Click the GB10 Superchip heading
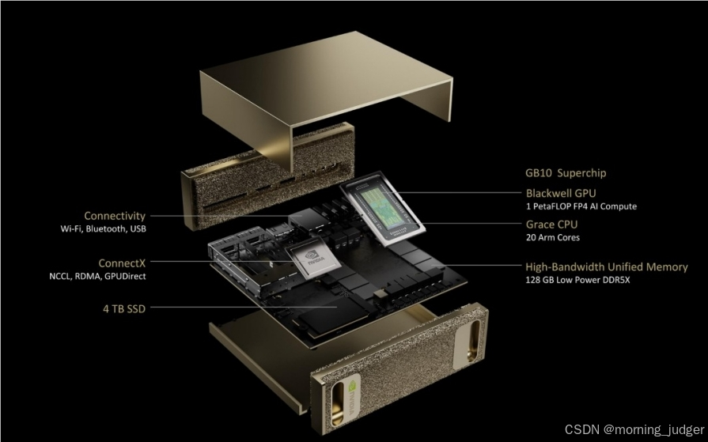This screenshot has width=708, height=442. click(x=566, y=173)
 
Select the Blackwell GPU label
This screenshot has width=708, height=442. click(x=561, y=193)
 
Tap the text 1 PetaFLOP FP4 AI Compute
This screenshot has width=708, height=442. click(x=581, y=207)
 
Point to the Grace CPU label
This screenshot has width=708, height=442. click(x=552, y=225)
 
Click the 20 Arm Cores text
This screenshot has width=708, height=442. click(x=553, y=237)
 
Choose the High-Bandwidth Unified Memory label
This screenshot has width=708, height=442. click(x=607, y=266)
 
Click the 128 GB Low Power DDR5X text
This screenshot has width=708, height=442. click(x=577, y=280)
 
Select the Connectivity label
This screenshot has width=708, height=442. click(x=115, y=216)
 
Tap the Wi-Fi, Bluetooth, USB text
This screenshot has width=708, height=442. click(x=104, y=229)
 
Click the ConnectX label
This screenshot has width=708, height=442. click(x=122, y=263)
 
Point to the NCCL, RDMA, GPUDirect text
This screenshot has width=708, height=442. click(x=97, y=276)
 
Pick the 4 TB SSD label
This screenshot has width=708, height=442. click(x=124, y=309)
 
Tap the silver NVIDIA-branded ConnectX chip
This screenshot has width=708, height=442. click(x=315, y=259)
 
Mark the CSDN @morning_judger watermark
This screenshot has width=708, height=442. click(x=634, y=429)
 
